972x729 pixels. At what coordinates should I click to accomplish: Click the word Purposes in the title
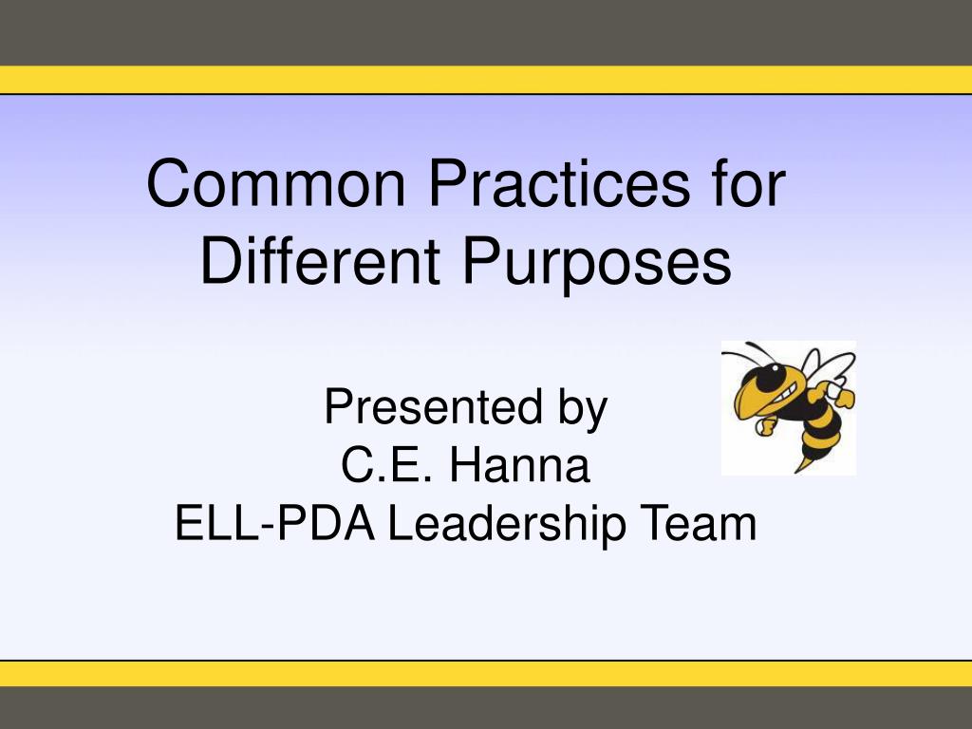597,263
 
